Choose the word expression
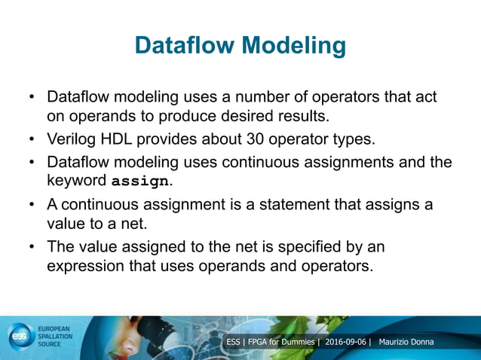pos(87,266)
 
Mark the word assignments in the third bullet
pos(363,162)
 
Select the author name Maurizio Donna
pos(412,343)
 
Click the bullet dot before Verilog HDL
pos(32,141)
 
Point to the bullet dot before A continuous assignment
pos(32,206)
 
